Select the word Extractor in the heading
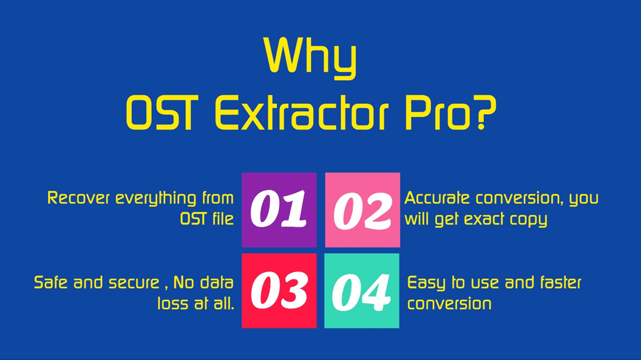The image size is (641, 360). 302,113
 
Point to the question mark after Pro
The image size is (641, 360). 485,113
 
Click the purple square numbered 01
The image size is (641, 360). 279,209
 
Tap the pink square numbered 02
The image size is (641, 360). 362,209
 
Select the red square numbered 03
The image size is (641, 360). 279,291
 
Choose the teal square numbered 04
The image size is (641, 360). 362,291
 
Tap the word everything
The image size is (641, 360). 156,199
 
